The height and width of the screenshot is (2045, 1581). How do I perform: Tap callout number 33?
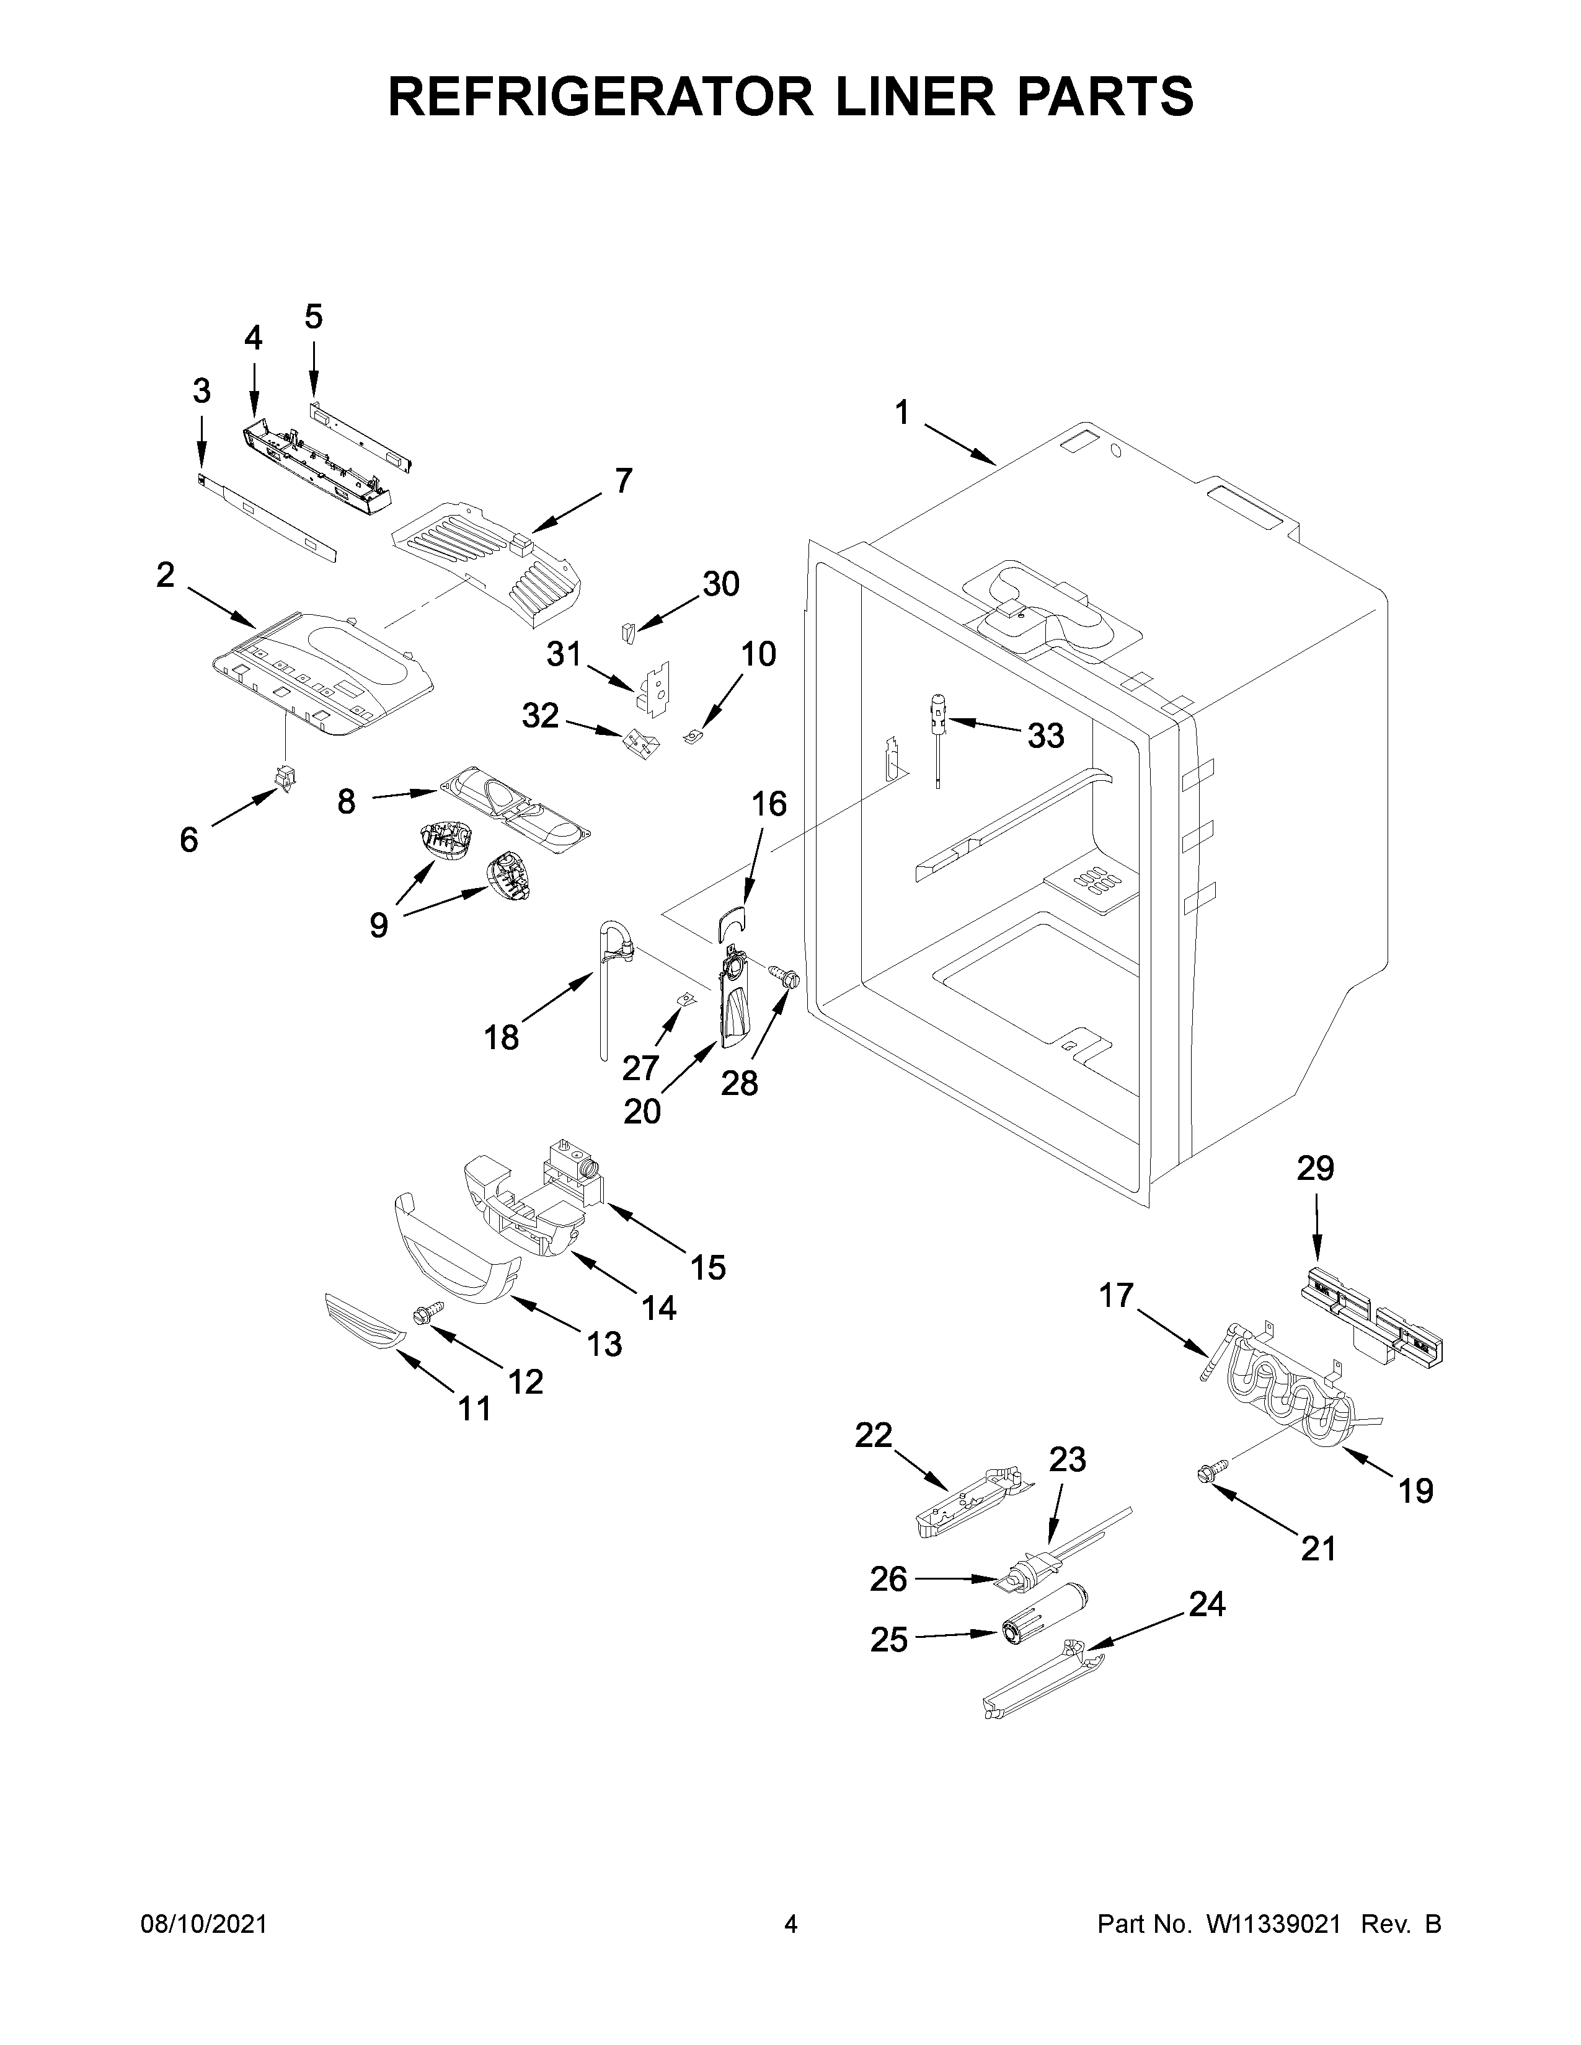(1045, 736)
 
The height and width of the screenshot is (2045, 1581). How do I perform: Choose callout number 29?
(1315, 1169)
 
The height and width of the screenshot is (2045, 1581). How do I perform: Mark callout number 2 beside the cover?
(165, 575)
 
